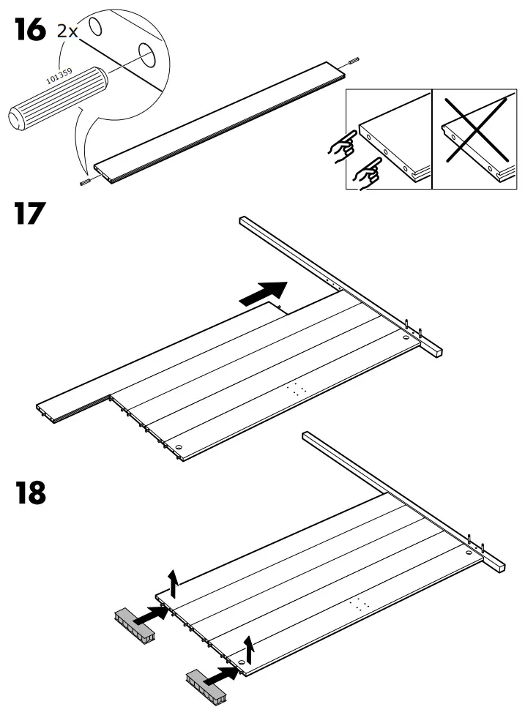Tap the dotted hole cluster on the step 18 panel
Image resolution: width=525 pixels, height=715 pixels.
(x=359, y=604)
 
